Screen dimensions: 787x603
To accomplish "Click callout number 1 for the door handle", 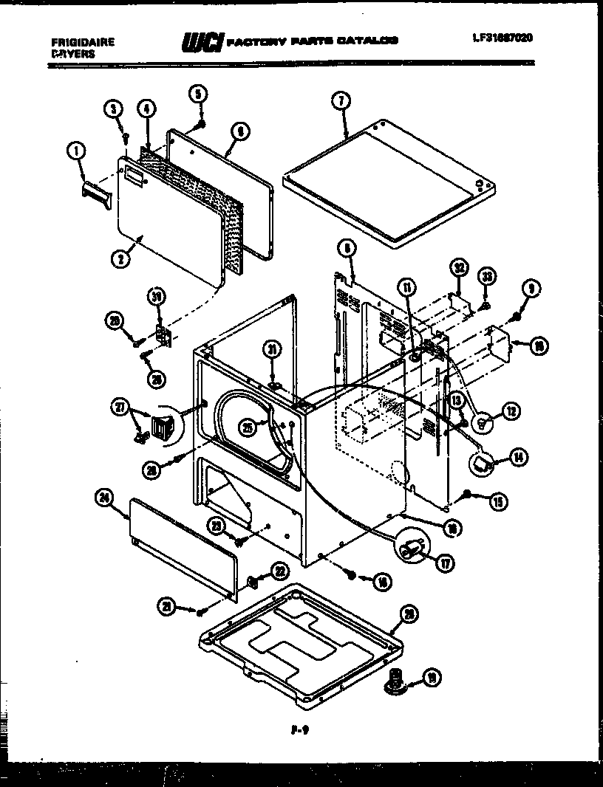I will (75, 152).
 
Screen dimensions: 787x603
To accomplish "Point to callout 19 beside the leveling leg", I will (432, 676).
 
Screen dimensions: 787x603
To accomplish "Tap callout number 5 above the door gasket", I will (198, 93).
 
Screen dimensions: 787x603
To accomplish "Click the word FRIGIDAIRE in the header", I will (83, 43).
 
